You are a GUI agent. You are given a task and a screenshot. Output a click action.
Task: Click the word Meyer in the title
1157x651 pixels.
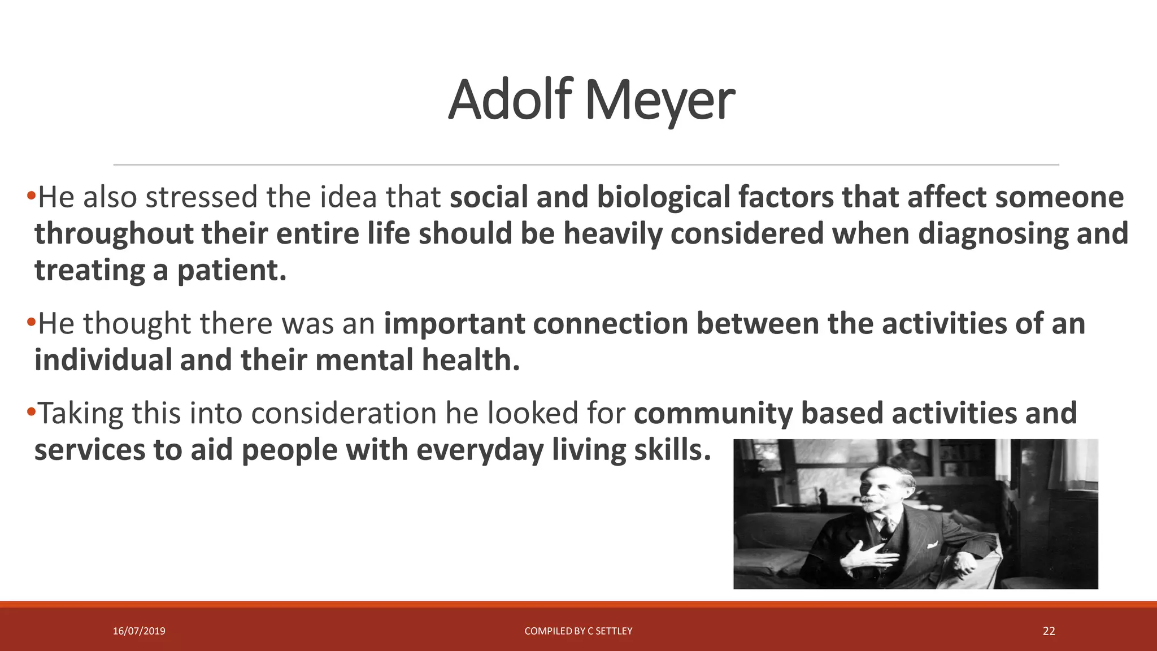(x=659, y=101)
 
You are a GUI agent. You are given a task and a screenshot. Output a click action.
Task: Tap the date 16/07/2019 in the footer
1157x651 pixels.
(x=139, y=631)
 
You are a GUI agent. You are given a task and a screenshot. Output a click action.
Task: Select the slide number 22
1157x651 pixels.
(x=1049, y=631)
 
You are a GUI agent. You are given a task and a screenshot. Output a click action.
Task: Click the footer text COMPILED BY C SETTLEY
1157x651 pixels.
(x=578, y=631)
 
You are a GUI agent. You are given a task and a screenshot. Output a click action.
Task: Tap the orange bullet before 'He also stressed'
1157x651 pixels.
(x=31, y=196)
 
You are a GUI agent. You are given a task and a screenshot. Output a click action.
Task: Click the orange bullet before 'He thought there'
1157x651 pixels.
(x=31, y=323)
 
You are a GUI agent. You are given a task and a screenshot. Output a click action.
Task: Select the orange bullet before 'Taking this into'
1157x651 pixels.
(x=31, y=413)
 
